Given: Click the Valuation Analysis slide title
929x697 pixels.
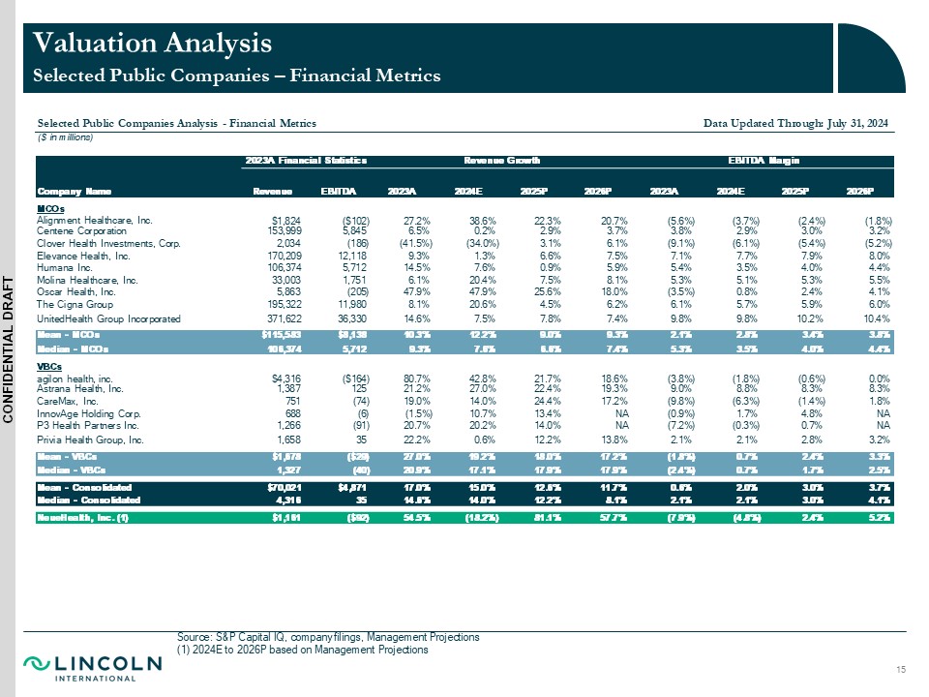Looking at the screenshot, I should click(x=153, y=44).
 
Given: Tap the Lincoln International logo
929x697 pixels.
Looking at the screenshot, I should click(x=92, y=667).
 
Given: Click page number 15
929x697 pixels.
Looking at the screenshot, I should click(x=902, y=671).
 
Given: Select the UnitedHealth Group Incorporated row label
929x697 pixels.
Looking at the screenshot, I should click(x=108, y=318).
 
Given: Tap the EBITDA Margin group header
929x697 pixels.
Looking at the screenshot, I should click(x=770, y=160).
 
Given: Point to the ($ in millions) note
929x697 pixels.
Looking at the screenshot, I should click(x=65, y=137).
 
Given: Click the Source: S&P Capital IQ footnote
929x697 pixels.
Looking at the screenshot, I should click(x=328, y=637).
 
